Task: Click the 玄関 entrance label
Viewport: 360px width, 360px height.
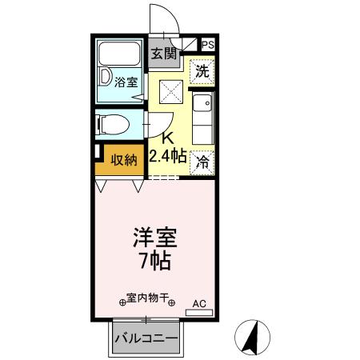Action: [x=164, y=54]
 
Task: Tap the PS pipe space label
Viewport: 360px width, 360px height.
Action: [x=207, y=46]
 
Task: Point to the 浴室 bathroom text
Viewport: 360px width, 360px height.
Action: [x=126, y=82]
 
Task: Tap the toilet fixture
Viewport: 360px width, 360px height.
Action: [x=111, y=124]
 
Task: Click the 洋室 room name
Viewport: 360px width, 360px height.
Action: [x=154, y=238]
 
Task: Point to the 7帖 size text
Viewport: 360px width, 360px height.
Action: [x=154, y=261]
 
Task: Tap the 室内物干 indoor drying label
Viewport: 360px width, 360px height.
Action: [x=146, y=297]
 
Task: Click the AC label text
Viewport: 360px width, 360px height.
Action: [x=199, y=304]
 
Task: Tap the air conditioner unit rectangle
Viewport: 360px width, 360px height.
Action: [x=199, y=312]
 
